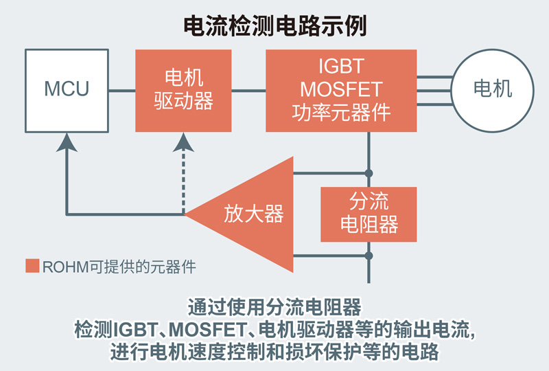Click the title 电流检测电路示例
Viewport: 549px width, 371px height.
pos(274,25)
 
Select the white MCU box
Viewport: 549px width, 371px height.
pos(67,89)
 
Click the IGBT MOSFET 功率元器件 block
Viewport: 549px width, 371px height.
pos(340,89)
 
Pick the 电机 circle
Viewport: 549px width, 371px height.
pos(493,89)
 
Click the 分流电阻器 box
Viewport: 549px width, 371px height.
pos(369,214)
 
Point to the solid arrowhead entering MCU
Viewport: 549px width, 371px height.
pos(67,142)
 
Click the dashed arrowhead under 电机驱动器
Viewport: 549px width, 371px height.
pos(184,142)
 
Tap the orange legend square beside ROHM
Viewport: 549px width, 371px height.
pos(32,266)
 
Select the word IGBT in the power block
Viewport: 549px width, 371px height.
pos(340,67)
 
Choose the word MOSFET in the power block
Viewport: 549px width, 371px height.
pos(340,89)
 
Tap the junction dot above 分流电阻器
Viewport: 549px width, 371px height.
pos(369,172)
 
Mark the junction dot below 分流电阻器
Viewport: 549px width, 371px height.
pos(369,256)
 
